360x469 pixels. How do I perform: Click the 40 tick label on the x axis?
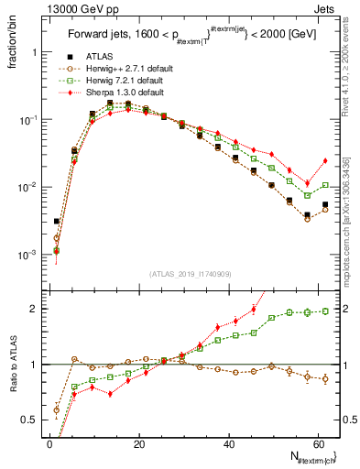[227, 444]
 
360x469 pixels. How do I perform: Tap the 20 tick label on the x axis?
[138, 444]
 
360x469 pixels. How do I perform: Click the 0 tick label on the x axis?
[49, 444]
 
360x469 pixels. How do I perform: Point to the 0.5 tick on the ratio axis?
[31, 420]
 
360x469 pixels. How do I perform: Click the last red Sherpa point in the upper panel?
[325, 161]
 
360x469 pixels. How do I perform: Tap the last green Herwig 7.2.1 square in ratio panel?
[325, 311]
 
